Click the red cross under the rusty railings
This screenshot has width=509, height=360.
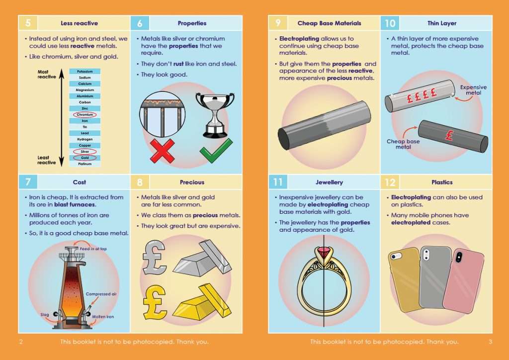point(162,151)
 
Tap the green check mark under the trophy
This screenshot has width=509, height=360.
point(215,151)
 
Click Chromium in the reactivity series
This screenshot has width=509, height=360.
point(85,114)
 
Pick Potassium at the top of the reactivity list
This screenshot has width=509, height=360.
point(85,72)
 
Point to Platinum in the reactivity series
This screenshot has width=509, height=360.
point(85,164)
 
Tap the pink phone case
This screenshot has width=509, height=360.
point(463,280)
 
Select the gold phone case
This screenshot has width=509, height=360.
point(406,278)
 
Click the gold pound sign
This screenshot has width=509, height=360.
point(155,301)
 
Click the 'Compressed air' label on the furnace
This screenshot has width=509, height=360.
point(101,294)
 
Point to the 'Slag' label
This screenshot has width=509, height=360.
point(45,315)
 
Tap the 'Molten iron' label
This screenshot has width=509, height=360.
point(103,317)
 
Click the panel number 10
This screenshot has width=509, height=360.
point(390,23)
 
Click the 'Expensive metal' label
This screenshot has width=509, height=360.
point(473,90)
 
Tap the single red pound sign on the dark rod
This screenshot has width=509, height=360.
point(449,135)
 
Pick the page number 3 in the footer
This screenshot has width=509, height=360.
point(490,342)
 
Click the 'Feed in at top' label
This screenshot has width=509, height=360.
point(93,249)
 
